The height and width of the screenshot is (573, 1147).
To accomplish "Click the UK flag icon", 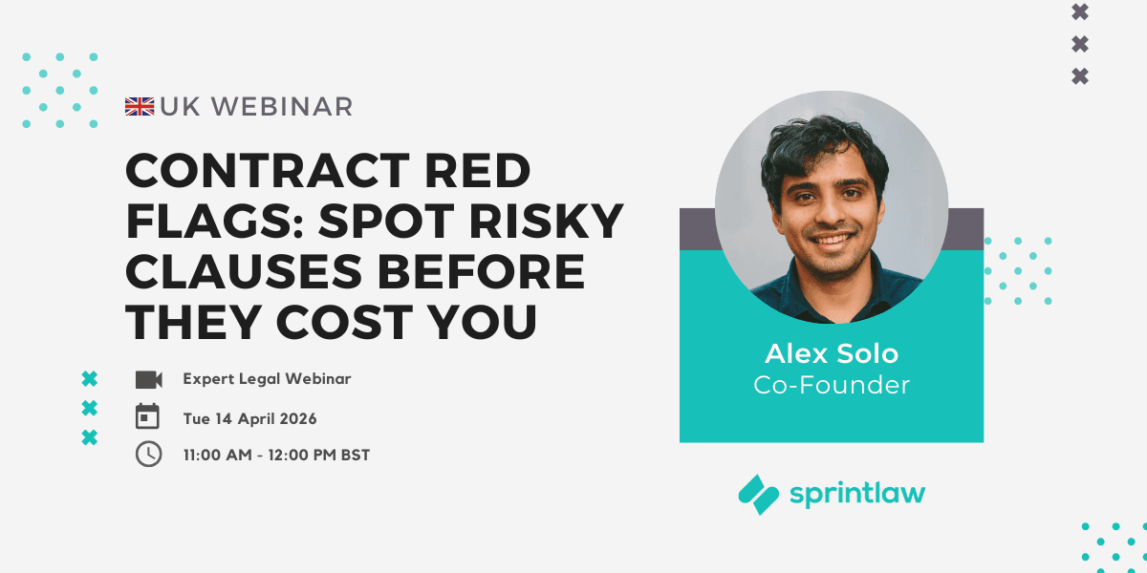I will coord(140,107).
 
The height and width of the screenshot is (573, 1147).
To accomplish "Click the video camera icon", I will coord(148,379).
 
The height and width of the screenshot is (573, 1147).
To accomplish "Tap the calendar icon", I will coord(148,416).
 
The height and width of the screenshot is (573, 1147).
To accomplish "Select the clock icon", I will coord(148,454).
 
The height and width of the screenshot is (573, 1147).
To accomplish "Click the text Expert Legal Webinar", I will coord(267,379).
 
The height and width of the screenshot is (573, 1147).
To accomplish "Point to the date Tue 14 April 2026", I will coord(249,418).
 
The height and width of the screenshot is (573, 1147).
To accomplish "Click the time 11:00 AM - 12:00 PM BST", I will coord(276,455).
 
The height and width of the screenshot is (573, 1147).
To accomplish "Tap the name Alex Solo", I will coord(832,353).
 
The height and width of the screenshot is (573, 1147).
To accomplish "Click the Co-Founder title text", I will coord(832,385).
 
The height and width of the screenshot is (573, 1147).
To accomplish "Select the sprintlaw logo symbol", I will coord(759,494).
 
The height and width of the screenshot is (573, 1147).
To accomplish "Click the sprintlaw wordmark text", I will coord(857,494).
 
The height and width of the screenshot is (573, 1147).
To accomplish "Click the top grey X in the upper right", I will coord(1080,12).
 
